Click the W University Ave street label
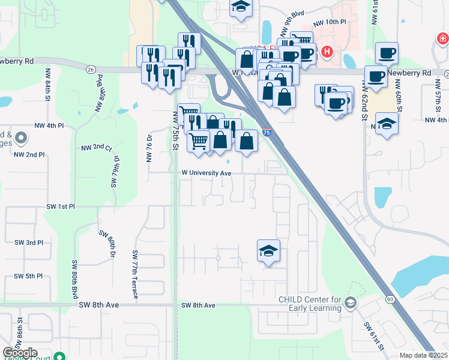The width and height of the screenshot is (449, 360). (207, 173)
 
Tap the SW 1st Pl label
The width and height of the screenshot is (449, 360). (61, 206)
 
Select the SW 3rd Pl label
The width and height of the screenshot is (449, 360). (29, 242)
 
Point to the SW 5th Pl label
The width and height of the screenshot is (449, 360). (29, 276)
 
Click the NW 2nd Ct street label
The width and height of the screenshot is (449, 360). (97, 147)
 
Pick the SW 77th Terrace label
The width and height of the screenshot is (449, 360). (135, 275)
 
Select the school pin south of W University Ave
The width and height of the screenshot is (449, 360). (268, 251)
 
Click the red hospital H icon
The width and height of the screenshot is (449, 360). (327, 52)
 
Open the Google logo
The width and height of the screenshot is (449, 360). (20, 353)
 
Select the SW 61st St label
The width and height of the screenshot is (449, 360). (373, 335)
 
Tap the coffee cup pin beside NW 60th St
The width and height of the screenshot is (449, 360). (376, 78)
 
